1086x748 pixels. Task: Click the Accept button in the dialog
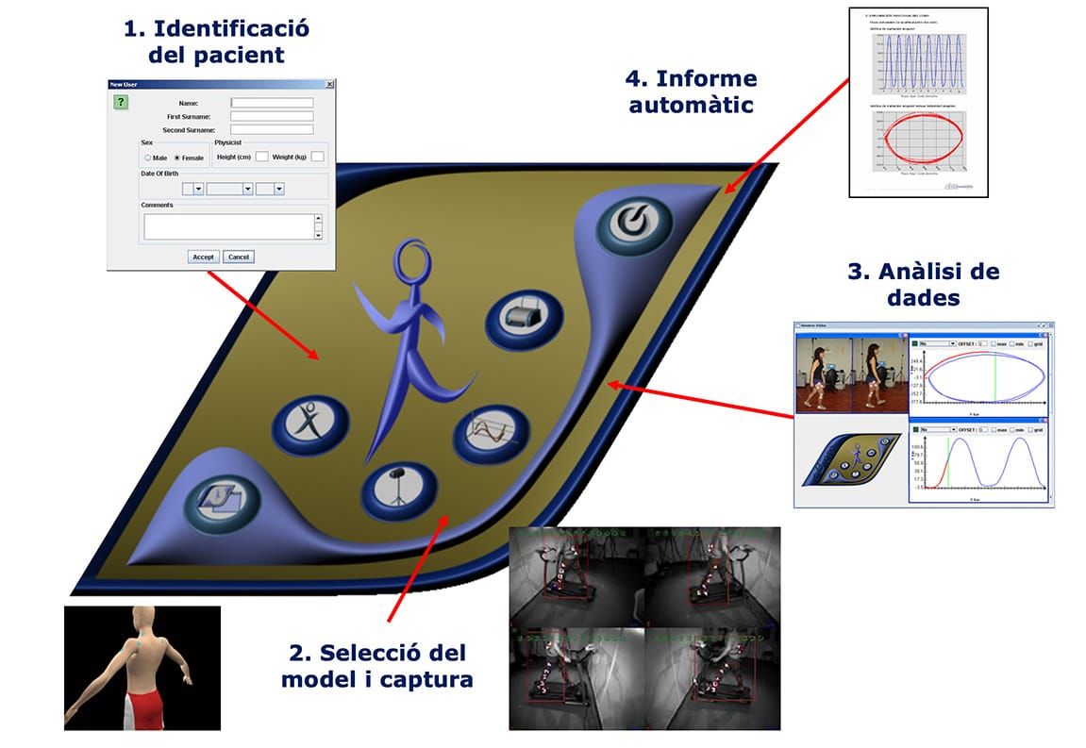coord(204,257)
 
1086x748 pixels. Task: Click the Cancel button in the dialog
coord(239,257)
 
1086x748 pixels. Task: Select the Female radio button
coord(177,158)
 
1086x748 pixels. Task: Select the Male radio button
coord(147,158)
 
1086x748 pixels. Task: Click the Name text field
coord(272,103)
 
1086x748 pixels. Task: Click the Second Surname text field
coord(272,129)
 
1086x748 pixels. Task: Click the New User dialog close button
coord(329,84)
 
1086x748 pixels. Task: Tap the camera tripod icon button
coord(399,487)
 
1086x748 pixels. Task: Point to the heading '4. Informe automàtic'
coord(693,91)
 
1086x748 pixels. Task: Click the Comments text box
coord(228,226)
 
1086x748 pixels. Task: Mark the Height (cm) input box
coord(262,157)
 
